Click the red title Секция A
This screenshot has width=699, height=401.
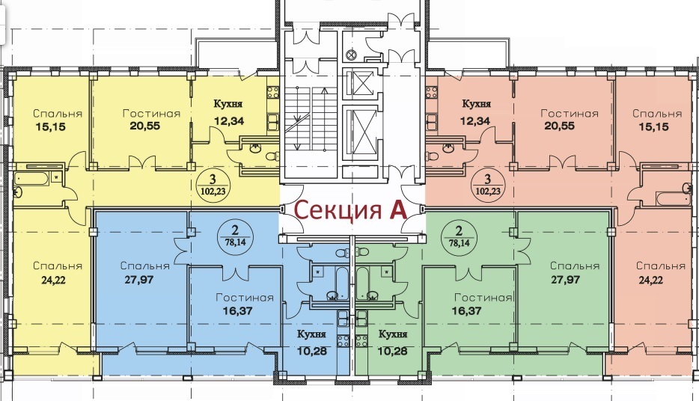pos(350,211)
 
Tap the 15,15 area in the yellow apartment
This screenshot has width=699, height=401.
pos(50,127)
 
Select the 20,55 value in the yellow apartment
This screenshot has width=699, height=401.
pos(145,126)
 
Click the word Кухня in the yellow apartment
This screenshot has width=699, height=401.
pos(228,104)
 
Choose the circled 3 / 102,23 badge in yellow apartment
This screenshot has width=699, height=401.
pos(213,185)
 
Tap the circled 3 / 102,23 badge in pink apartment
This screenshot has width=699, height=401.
pos(487,185)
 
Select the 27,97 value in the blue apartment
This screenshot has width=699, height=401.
pos(136,281)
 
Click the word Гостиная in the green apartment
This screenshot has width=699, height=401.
pos(483,298)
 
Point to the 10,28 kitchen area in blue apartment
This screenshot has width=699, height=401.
pos(311,351)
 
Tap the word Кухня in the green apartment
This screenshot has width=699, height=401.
pos(393,334)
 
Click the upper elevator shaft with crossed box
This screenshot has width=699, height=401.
pos(359,83)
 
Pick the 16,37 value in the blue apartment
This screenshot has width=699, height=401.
pos(237,311)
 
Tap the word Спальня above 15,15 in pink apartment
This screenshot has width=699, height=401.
pos(657,114)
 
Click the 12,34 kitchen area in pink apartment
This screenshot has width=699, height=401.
pos(476,120)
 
